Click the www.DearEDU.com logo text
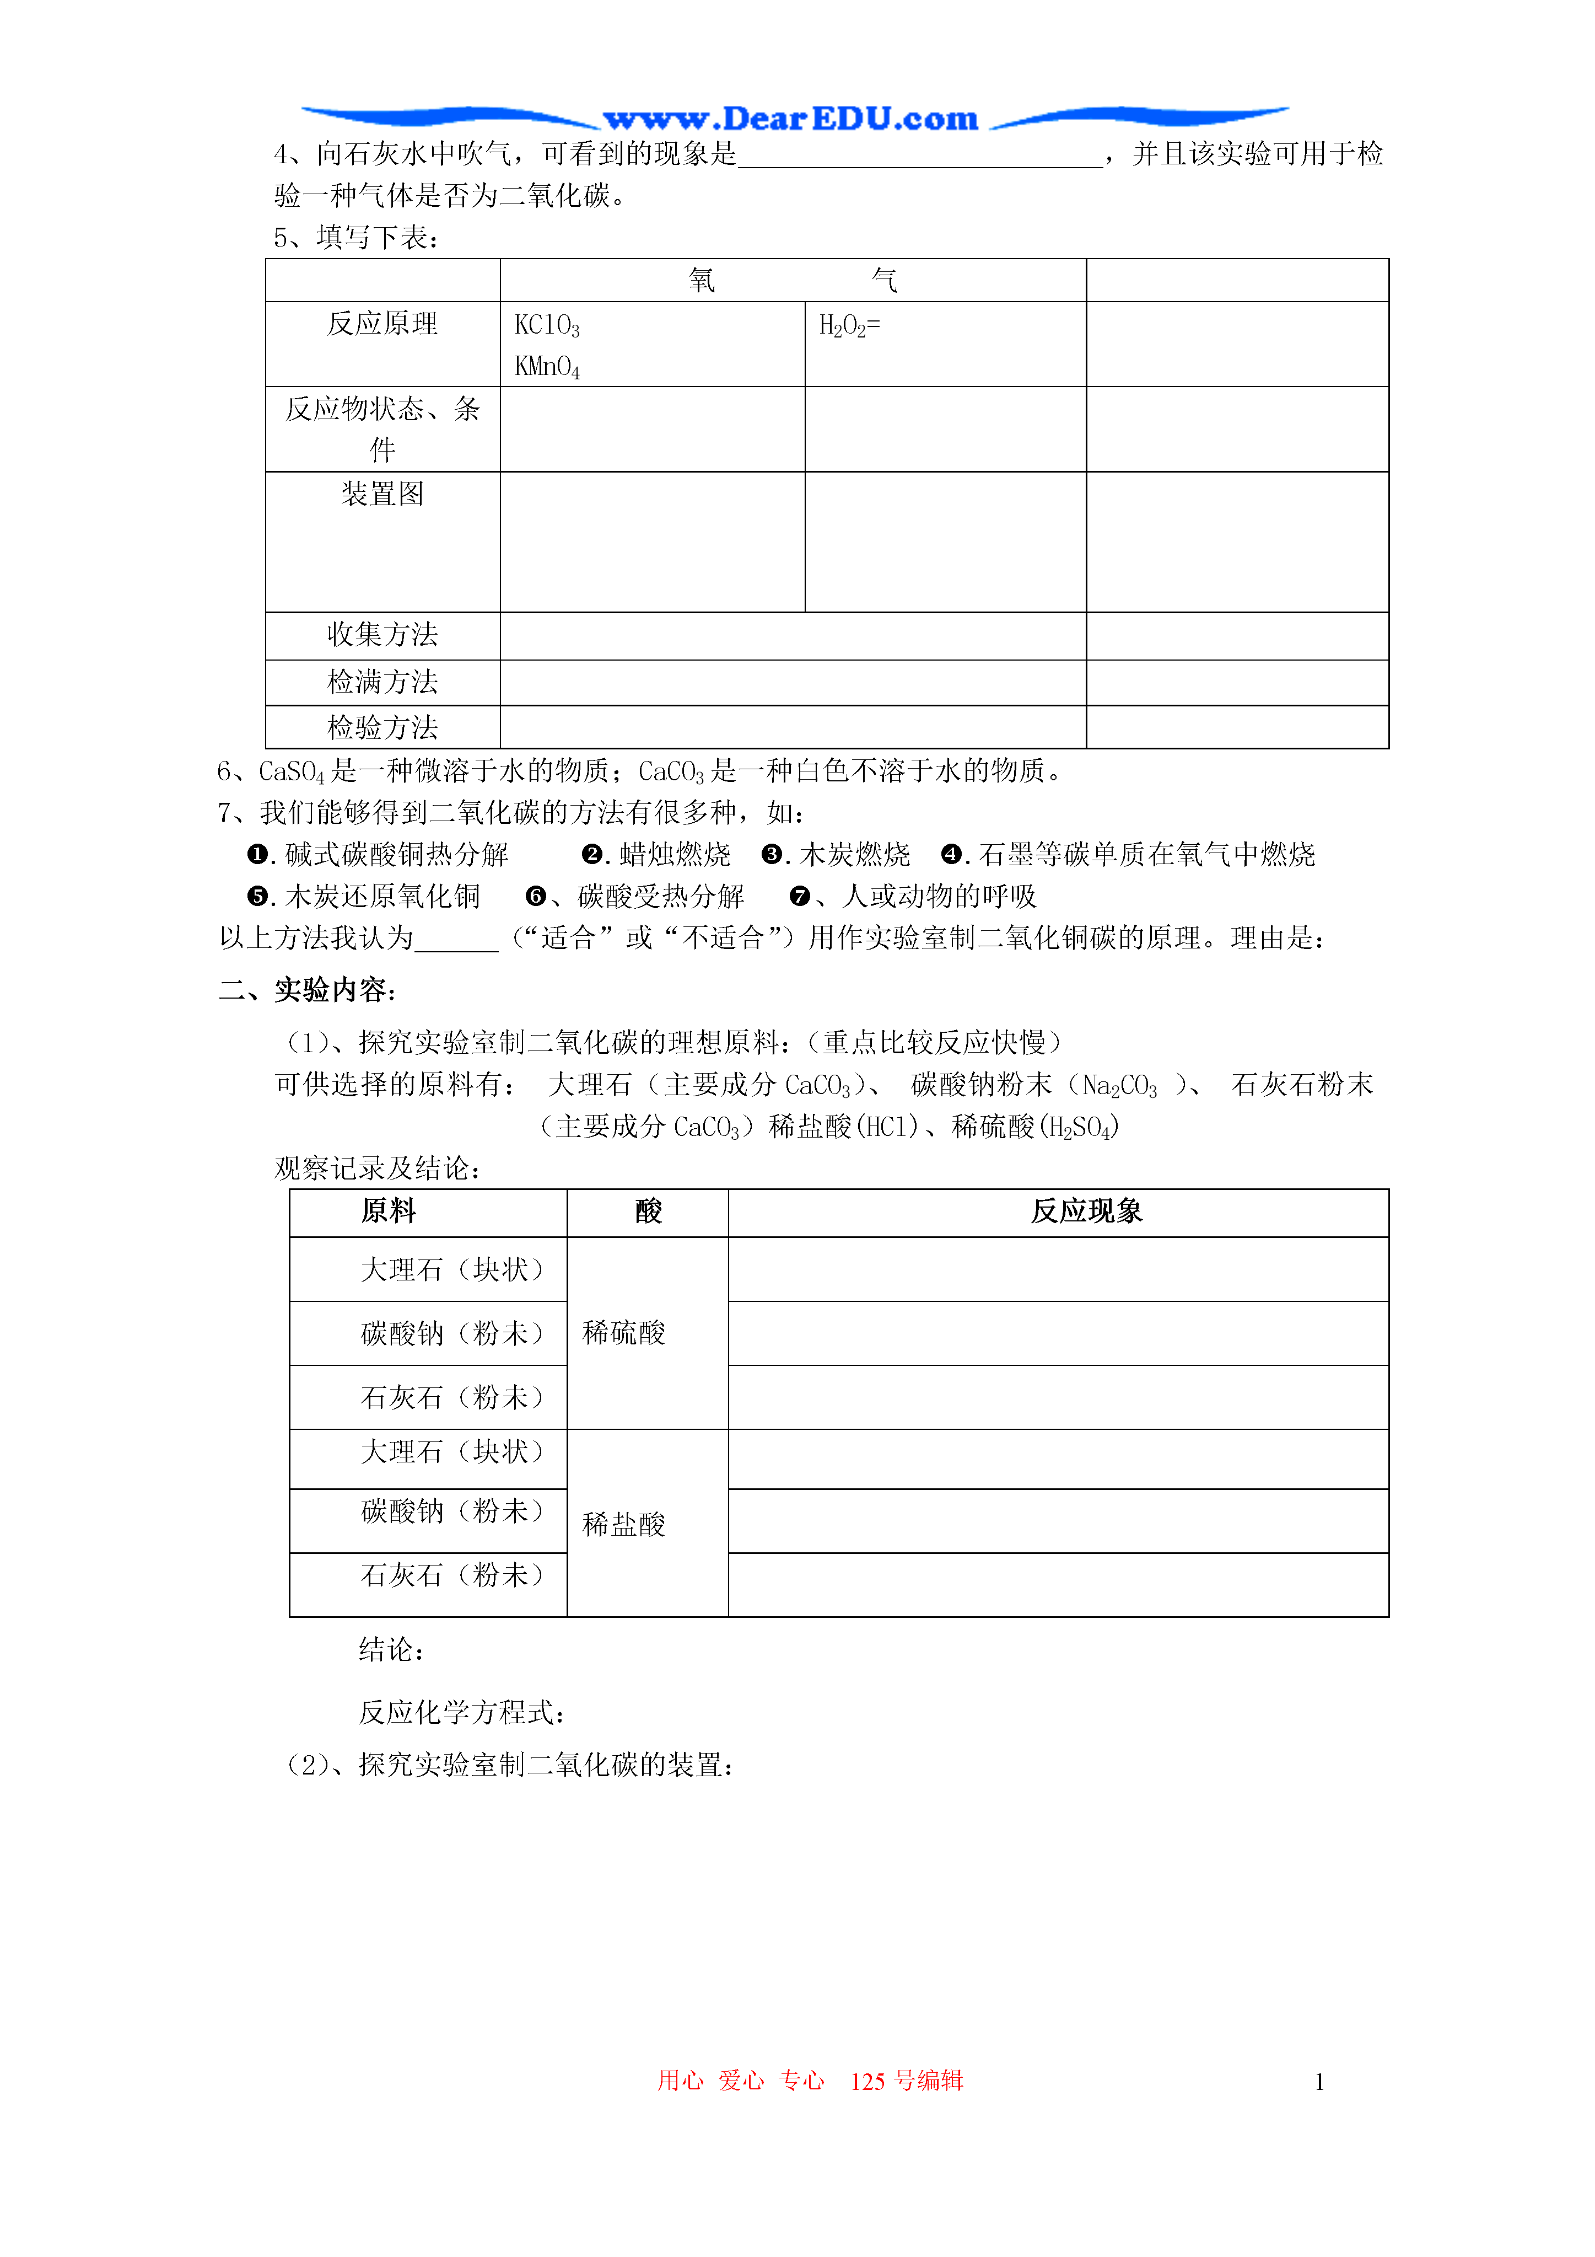791,119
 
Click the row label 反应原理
382,323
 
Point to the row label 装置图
382,494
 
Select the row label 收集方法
382,634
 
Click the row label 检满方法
382,681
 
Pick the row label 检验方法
382,727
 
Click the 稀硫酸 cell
624,1333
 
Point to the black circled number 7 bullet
800,897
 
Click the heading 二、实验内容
306,990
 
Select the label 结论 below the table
390,1649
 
